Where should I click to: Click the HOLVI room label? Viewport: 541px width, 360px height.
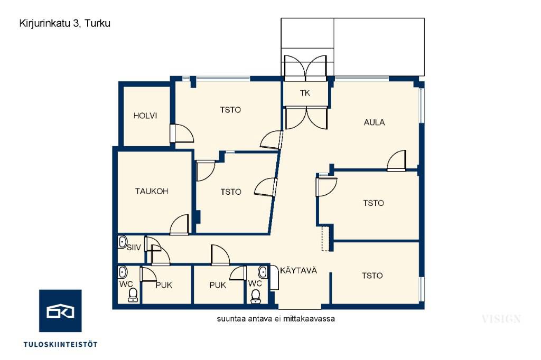coord(145,116)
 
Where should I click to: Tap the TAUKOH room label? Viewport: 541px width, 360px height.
coord(152,192)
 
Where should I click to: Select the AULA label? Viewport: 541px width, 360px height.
coord(375,122)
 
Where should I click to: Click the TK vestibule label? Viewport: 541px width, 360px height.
coord(305,93)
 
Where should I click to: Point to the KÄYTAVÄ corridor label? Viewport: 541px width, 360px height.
coord(299,270)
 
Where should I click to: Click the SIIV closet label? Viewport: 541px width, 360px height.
coord(134,248)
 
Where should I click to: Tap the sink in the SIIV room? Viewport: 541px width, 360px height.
coord(123,242)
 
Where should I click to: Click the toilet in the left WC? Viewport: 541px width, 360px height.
coord(133,296)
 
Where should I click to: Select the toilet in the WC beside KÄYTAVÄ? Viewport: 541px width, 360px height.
coord(256,296)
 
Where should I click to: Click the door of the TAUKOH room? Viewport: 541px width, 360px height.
coord(180,225)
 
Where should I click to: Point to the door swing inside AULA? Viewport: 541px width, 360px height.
coord(396,160)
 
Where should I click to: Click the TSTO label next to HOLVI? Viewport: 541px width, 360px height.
coord(230,110)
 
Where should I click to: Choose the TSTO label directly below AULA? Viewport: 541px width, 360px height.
coord(374,203)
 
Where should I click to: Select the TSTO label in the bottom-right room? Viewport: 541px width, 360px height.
coord(372,276)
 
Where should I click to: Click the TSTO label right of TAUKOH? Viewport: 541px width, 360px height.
coord(231,192)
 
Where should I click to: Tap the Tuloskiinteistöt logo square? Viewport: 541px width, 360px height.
coord(60,311)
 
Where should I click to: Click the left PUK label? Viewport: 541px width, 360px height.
coord(164,286)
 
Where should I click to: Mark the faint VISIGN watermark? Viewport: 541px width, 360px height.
coord(501,319)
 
